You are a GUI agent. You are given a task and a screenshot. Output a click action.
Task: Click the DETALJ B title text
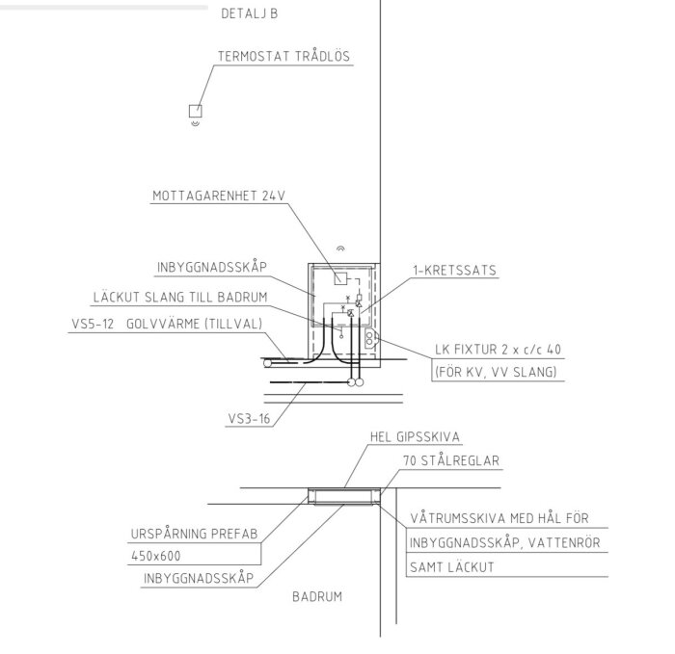click(249, 13)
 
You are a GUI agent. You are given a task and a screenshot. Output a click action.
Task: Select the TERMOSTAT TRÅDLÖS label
click(283, 56)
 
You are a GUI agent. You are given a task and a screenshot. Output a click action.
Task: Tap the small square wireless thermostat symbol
click(196, 111)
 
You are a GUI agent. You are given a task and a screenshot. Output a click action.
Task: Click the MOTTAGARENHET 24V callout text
click(219, 196)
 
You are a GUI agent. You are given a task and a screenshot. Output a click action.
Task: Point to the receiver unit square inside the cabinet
click(340, 278)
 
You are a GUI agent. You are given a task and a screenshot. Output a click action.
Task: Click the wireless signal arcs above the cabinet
click(340, 249)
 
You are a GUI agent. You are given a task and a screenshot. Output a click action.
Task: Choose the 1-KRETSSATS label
click(454, 270)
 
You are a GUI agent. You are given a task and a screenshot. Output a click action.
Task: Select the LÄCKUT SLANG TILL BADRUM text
click(180, 297)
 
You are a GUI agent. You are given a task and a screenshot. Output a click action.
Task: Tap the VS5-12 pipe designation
click(93, 324)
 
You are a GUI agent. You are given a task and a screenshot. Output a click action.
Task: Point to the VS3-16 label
click(249, 418)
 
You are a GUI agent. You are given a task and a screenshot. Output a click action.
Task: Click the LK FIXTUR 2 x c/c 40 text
click(499, 349)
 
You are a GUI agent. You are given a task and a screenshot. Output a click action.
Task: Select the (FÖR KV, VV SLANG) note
click(496, 372)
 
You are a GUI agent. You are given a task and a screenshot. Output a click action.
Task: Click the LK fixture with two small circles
click(369, 339)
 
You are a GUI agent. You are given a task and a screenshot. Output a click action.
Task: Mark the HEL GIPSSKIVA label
click(415, 437)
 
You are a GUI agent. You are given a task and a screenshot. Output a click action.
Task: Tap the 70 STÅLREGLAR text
click(451, 460)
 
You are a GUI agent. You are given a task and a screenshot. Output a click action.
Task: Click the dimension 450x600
click(156, 556)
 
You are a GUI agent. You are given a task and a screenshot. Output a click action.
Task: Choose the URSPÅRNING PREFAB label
click(194, 534)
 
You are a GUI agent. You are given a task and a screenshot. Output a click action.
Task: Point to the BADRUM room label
click(317, 597)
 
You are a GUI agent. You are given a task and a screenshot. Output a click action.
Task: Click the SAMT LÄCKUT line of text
click(451, 566)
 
